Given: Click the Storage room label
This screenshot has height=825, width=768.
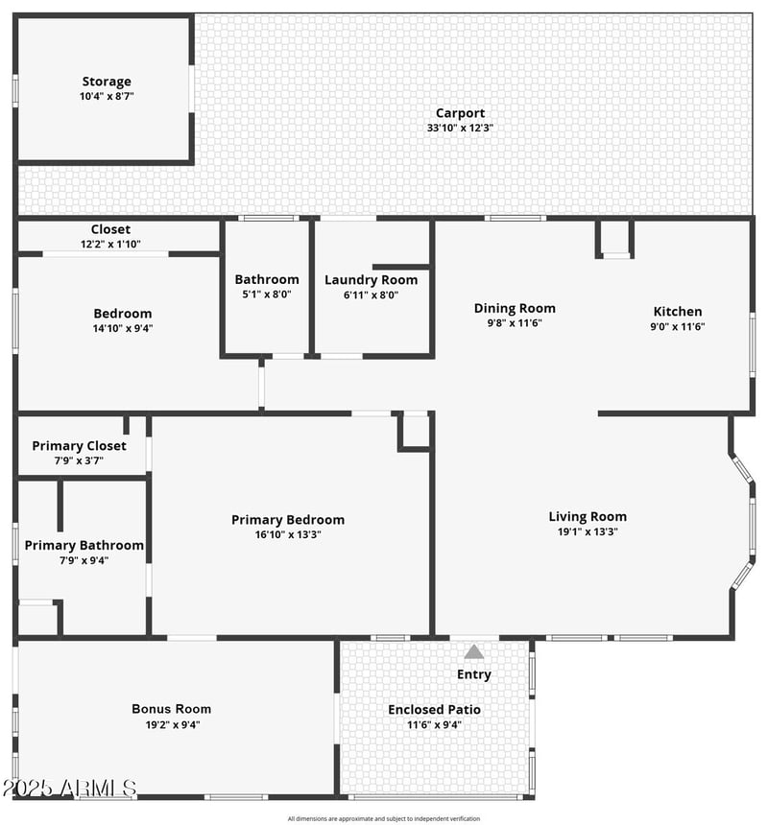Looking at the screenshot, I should point(106,82).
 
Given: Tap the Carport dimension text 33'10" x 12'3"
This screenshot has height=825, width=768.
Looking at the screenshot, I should point(460,128).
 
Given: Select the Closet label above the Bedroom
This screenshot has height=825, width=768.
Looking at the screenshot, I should point(110,229).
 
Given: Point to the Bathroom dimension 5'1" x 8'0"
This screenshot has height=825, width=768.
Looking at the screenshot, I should point(267,295).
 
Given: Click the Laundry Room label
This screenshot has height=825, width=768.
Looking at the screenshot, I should point(371,279).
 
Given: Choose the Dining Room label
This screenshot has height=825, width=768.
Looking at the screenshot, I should point(515,308).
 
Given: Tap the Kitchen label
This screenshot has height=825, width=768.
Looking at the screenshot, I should point(678,311).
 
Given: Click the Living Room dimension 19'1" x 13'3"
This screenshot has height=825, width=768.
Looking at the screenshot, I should point(588,531).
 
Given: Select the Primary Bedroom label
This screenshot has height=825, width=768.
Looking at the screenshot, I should point(288,520).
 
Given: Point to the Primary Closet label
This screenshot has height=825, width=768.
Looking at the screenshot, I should point(79,445).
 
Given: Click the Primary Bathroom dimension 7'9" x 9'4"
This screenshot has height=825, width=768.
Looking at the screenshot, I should point(84,560).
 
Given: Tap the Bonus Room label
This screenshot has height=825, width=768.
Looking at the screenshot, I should point(171,709).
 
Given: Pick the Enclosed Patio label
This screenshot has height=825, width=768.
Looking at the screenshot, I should point(434,709).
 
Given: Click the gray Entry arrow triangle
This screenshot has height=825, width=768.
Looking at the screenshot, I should point(474,652).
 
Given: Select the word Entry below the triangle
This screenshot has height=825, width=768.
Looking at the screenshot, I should point(474,674).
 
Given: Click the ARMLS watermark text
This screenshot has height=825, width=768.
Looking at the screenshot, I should point(69,789).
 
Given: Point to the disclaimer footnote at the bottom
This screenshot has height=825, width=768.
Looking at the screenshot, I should point(383,818).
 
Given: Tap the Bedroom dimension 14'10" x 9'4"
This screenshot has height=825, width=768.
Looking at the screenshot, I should point(122,328).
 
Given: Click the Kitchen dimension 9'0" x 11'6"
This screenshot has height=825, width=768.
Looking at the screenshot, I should point(678,326).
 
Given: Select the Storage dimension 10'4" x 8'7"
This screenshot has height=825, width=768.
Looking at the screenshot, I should point(106,97).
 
